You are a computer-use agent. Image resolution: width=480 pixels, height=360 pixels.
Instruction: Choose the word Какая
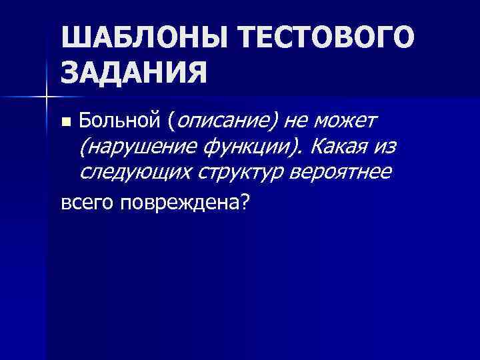(339, 147)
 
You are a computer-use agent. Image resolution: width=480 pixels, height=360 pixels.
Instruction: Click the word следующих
(135, 173)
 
